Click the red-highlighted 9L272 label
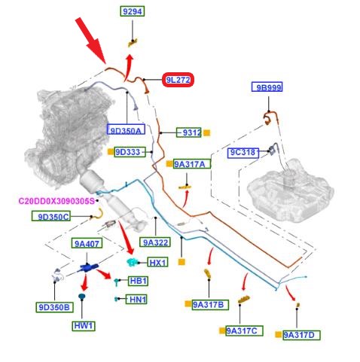[x=178, y=80]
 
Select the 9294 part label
[x=133, y=11]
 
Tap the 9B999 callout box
[x=267, y=87]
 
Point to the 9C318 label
[x=243, y=153]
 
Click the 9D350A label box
[x=126, y=129]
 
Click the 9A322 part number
[x=155, y=242]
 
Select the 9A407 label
[x=87, y=243]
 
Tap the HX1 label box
[x=157, y=262]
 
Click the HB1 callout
[x=138, y=281]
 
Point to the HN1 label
[x=136, y=300]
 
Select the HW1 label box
[x=84, y=326]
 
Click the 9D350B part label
[x=54, y=307]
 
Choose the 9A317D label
[x=301, y=335]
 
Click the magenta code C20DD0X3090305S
[x=56, y=201]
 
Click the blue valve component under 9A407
[x=87, y=267]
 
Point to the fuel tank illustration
[x=290, y=190]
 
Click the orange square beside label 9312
[x=206, y=132]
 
